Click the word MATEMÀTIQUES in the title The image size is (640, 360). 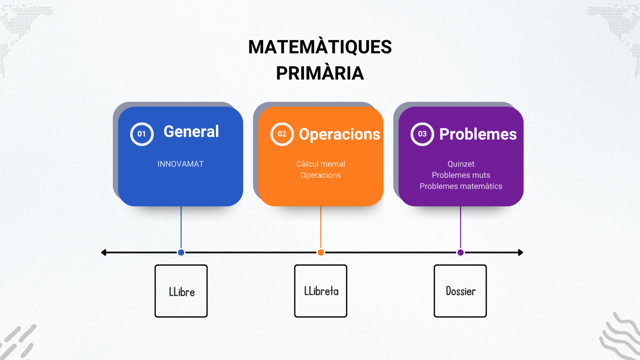pyautogui.click(x=320, y=47)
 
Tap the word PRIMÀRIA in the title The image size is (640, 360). pyautogui.click(x=320, y=73)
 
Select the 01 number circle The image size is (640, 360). pyautogui.click(x=142, y=134)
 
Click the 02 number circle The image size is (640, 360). pyautogui.click(x=282, y=134)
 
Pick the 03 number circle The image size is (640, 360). pyautogui.click(x=422, y=134)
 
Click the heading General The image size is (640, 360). pyautogui.click(x=191, y=132)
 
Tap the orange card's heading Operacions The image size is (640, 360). pyautogui.click(x=340, y=134)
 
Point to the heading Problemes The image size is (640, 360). pyautogui.click(x=478, y=134)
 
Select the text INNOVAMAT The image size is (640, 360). pyautogui.click(x=180, y=164)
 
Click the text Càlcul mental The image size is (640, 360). pyautogui.click(x=321, y=164)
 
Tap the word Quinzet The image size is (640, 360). pyautogui.click(x=461, y=164)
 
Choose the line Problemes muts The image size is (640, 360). pyautogui.click(x=461, y=175)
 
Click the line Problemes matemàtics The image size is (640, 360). pyautogui.click(x=461, y=186)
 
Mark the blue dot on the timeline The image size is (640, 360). pyautogui.click(x=181, y=252)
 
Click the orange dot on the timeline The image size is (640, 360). pyautogui.click(x=321, y=252)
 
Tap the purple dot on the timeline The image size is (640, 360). pyautogui.click(x=460, y=252)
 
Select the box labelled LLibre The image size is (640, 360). pyautogui.click(x=181, y=291)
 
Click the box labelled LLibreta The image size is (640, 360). pyautogui.click(x=321, y=291)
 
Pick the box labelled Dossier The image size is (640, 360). pyautogui.click(x=460, y=291)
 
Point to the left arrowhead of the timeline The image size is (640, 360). pyautogui.click(x=102, y=252)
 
